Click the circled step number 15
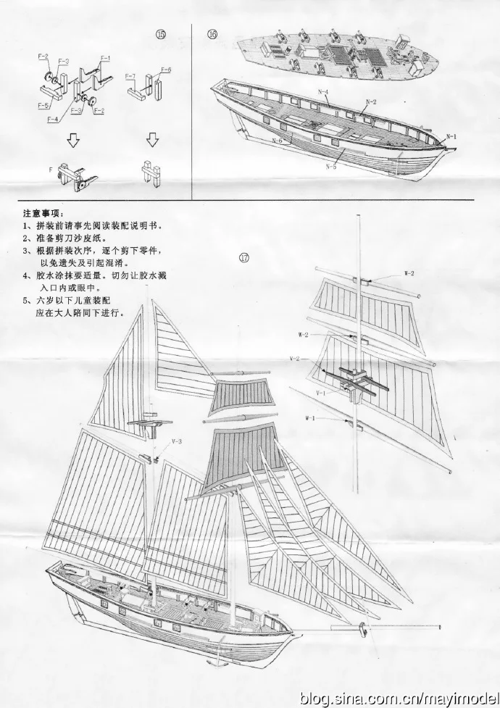(x=161, y=34)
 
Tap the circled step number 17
(x=244, y=257)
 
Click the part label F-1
(x=105, y=57)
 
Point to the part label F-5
(x=43, y=104)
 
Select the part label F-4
(x=53, y=120)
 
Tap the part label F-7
(x=130, y=76)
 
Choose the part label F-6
(x=166, y=70)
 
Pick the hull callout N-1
(x=451, y=136)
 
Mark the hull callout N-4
(x=322, y=92)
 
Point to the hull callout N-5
(x=330, y=167)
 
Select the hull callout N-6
(x=278, y=140)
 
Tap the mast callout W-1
(x=309, y=418)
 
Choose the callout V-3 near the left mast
(x=177, y=441)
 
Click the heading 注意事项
(x=43, y=214)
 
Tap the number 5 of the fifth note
(x=25, y=299)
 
